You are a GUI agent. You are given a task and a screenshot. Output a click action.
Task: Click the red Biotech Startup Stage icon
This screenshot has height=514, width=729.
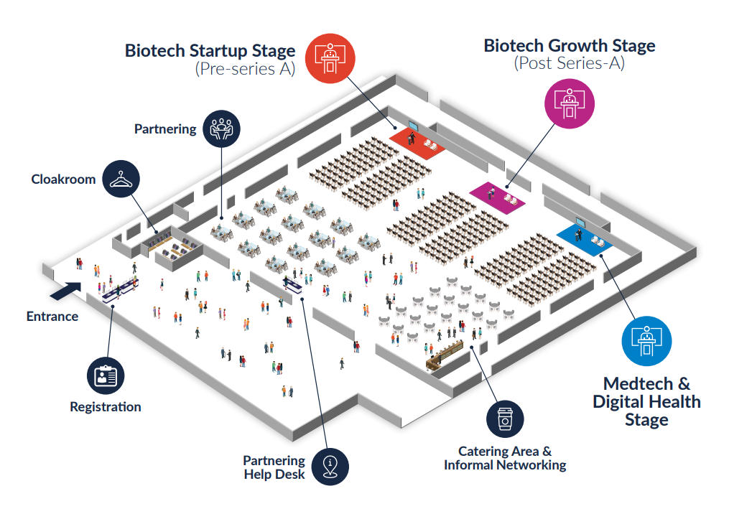pos(330,57)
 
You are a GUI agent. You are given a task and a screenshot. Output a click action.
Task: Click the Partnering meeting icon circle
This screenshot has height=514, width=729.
pos(221,129)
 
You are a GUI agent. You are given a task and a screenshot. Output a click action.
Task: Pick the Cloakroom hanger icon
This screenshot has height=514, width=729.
pos(121,179)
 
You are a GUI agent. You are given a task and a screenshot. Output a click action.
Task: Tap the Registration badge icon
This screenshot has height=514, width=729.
pos(106,375)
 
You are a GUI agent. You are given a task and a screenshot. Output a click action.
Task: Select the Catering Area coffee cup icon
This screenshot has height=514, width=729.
pos(505,419)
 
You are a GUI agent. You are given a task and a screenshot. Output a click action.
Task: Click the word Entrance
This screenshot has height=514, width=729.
pos(52,316)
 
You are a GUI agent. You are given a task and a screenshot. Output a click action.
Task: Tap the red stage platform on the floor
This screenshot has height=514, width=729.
pos(417,139)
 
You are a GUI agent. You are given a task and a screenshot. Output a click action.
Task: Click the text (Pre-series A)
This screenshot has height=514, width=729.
pos(245,70)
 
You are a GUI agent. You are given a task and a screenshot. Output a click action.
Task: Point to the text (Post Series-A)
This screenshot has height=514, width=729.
pos(569,64)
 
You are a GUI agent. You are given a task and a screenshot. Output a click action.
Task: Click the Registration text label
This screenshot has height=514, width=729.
pos(106,407)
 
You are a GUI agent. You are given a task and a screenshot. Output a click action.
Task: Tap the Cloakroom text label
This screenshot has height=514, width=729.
pos(63,179)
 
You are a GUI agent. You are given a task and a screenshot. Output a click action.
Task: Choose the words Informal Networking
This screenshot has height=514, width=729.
pos(505,465)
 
